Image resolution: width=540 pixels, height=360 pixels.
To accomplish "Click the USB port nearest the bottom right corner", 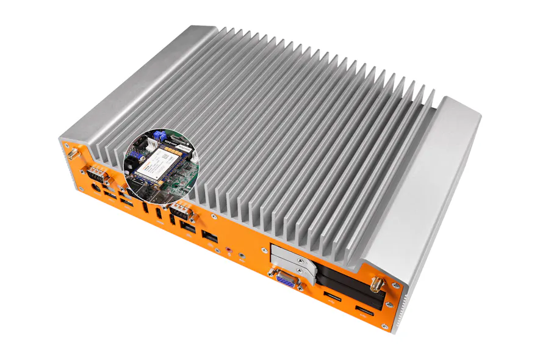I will click(x=365, y=315).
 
